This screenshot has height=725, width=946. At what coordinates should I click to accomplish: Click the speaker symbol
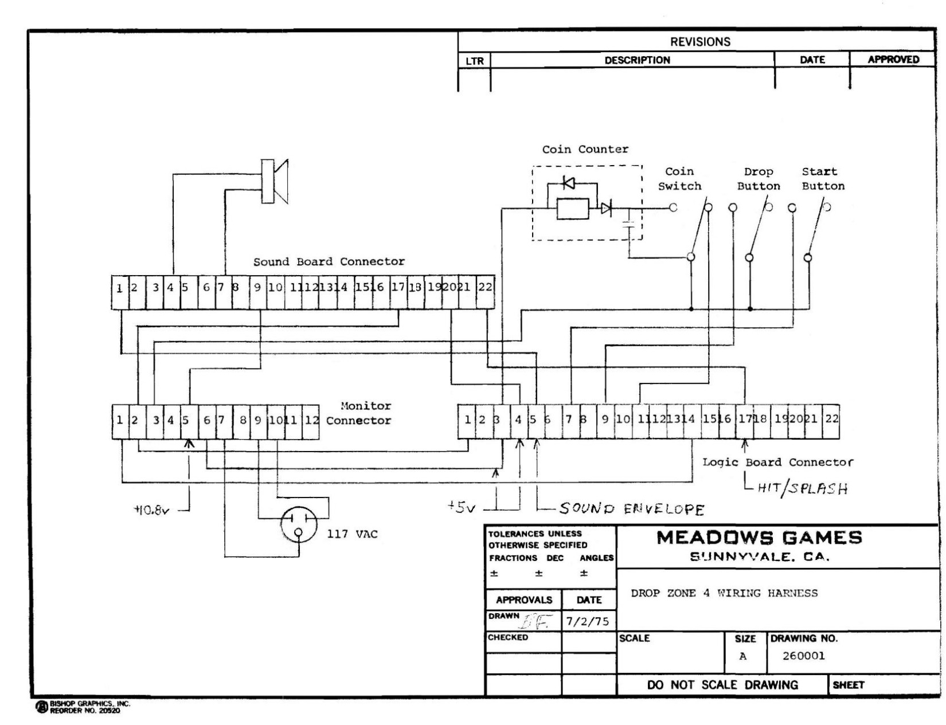tap(275, 181)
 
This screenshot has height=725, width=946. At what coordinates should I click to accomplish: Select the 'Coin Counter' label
tap(585, 150)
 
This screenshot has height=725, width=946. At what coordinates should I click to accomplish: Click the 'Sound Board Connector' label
tap(329, 262)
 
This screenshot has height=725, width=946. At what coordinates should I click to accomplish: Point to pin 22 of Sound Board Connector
tap(485, 287)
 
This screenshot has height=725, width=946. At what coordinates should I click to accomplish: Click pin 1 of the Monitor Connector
tap(120, 420)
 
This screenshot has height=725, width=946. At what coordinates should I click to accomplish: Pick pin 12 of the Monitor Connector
tap(311, 420)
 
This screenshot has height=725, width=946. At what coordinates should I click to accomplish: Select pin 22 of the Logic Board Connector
tap(832, 419)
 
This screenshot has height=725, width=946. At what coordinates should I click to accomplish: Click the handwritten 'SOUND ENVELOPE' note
tap(631, 508)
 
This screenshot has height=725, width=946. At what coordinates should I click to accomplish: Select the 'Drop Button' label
tap(759, 179)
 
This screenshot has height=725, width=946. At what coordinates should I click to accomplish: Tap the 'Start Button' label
tap(823, 179)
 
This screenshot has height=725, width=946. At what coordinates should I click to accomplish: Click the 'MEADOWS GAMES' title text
tap(759, 538)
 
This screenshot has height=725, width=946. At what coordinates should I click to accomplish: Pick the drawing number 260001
tap(803, 656)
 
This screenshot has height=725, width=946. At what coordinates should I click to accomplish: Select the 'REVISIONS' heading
tap(700, 42)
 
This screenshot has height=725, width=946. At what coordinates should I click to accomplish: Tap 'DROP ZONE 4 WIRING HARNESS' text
tap(724, 594)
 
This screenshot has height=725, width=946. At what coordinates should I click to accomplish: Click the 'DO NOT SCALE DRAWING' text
tap(722, 685)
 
